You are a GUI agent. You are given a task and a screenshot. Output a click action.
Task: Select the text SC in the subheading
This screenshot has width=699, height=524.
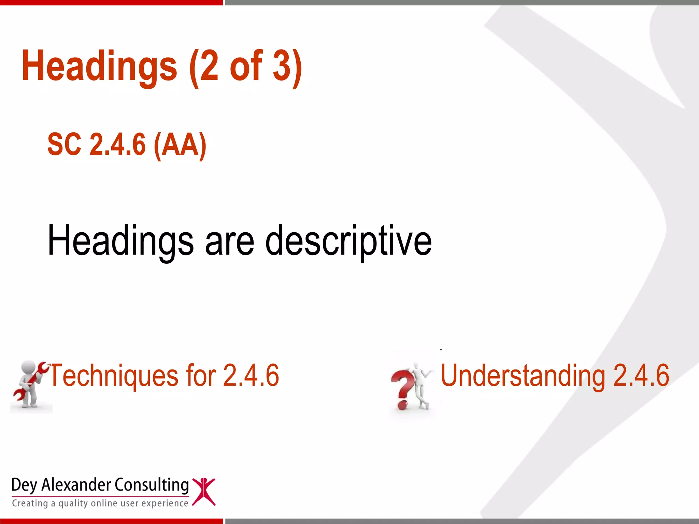(64, 145)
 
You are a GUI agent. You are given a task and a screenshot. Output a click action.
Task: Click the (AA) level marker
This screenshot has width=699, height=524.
(180, 145)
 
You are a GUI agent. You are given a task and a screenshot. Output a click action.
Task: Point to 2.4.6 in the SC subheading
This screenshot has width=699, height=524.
(117, 145)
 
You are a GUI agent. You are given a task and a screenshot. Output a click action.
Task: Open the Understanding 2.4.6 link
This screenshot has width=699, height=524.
(555, 375)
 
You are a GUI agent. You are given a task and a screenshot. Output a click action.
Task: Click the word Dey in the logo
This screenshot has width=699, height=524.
(24, 485)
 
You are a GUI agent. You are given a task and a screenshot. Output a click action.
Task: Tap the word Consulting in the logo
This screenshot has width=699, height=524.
(151, 485)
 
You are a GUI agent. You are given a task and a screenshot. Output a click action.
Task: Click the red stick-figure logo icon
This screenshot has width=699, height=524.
(204, 492)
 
